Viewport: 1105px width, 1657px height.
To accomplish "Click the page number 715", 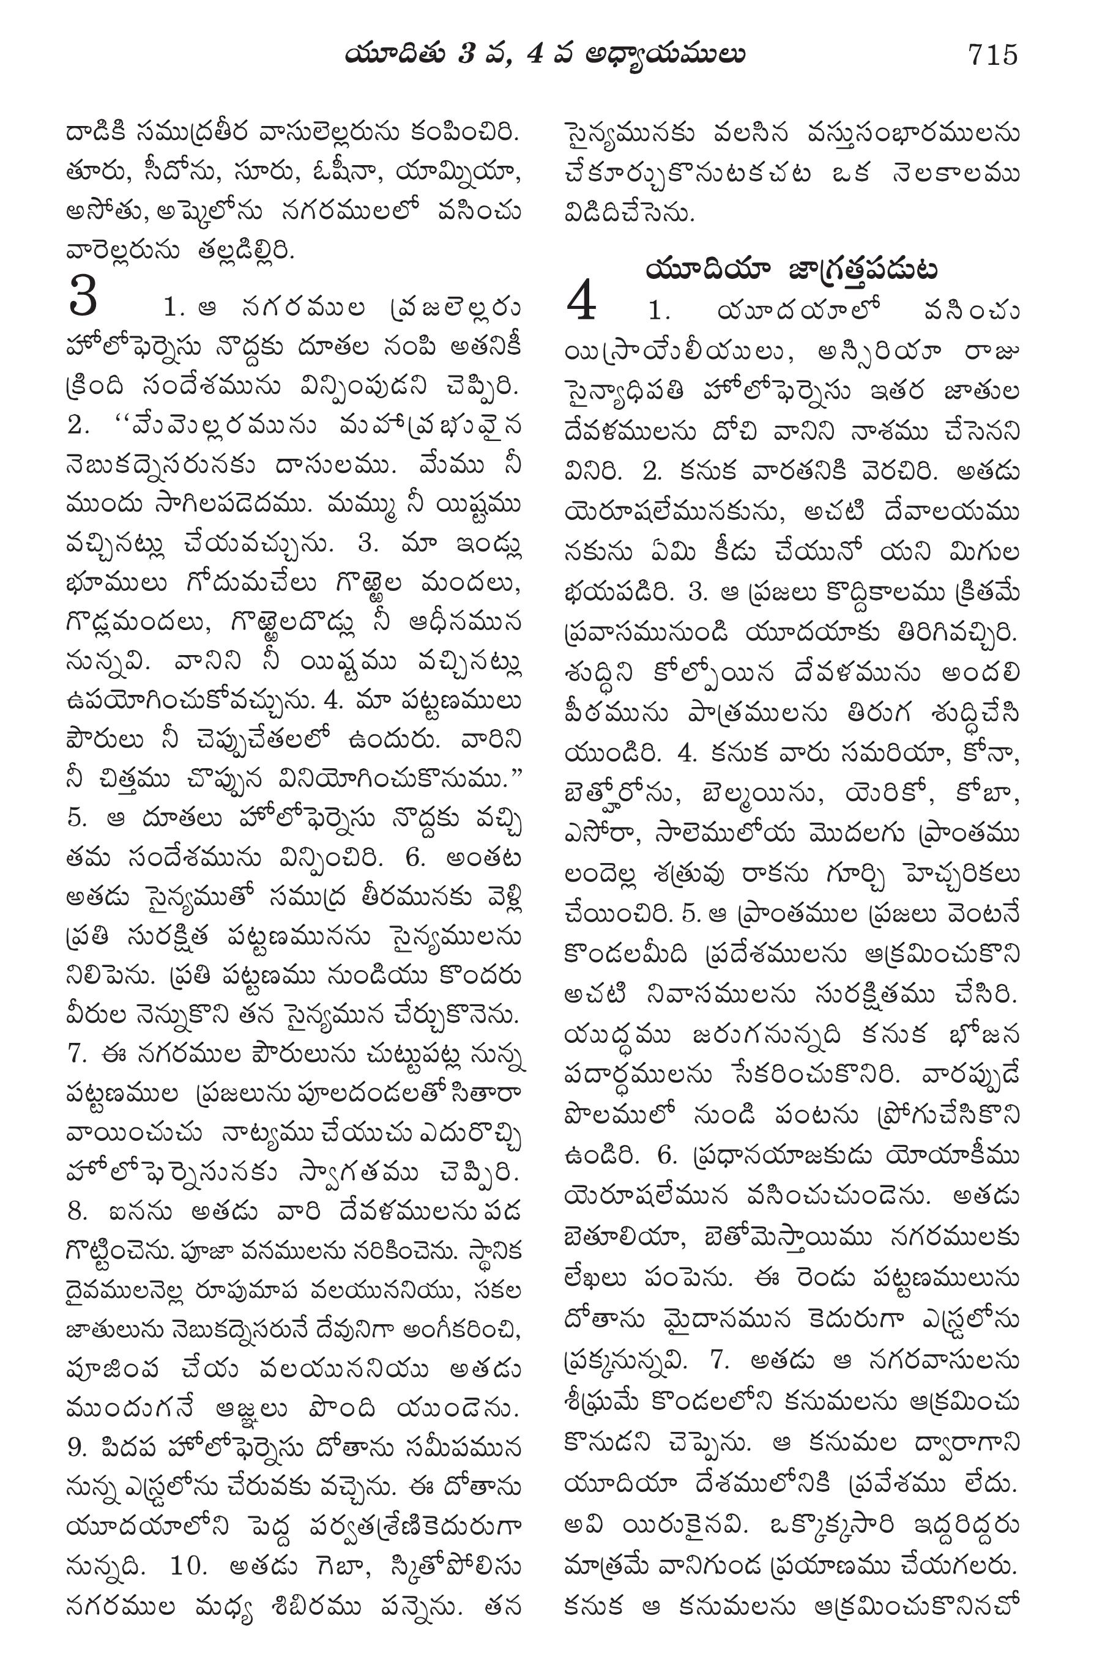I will pyautogui.click(x=992, y=54).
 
